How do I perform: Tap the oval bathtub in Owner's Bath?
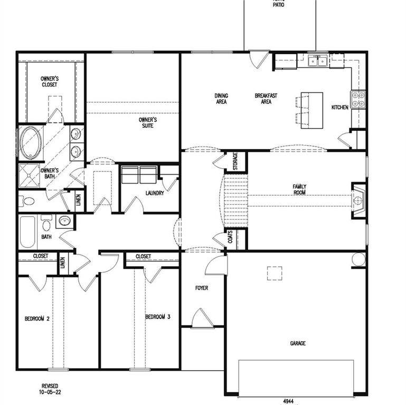pos(31,143)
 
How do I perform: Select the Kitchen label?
pos(339,108)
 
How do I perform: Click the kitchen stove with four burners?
pos(358,100)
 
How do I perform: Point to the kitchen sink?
pos(318,61)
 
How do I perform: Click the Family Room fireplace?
pos(358,200)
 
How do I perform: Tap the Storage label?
pos(235,161)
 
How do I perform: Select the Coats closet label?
pos(231,239)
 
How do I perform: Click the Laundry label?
pos(155,194)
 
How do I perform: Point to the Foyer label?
pos(201,288)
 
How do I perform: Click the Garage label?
pos(297,343)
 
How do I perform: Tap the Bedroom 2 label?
pos(37,319)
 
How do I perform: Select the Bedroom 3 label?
pos(158,316)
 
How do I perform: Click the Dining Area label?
pos(221,99)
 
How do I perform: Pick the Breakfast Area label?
pos(266,99)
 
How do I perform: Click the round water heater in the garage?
pos(358,259)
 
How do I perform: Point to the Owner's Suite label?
pos(148,123)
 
